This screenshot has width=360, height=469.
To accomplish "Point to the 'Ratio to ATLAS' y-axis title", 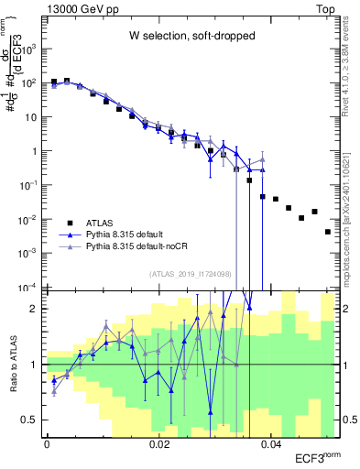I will (11, 364).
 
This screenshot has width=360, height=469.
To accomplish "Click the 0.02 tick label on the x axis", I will (158, 446).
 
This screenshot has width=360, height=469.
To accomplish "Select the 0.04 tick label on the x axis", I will (271, 446).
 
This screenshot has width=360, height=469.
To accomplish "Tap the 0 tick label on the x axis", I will (47, 446).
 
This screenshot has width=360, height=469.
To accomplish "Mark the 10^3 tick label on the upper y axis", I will (31, 48).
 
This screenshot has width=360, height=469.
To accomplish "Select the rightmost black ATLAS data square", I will (327, 232).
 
